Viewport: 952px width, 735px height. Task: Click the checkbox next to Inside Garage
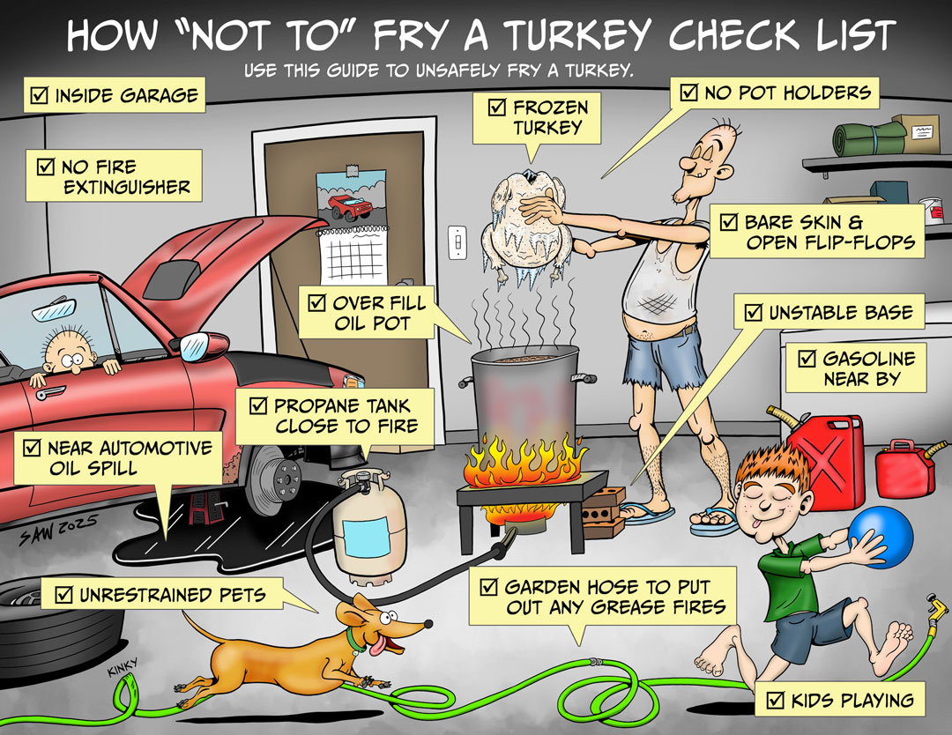(x=39, y=94)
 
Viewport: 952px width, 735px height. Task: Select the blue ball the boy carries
(x=881, y=539)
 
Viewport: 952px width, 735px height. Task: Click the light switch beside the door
(x=457, y=242)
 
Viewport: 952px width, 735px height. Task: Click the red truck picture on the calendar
(x=349, y=206)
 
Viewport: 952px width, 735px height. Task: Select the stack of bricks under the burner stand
(x=603, y=512)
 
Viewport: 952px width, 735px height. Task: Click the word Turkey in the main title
(x=578, y=36)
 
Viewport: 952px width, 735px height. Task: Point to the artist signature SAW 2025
(x=58, y=529)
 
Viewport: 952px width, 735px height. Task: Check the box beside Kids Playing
(x=775, y=701)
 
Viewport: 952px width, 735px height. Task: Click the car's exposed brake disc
(x=276, y=479)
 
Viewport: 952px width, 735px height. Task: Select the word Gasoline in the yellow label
(x=869, y=359)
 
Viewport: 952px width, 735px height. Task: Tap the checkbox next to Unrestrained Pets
(x=63, y=595)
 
